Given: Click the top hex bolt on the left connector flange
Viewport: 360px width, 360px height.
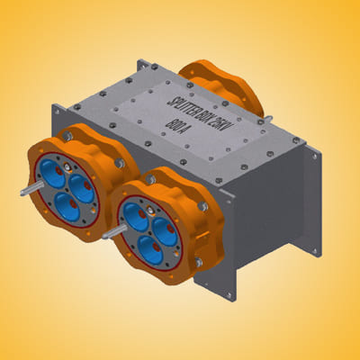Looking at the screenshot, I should tap(67, 137).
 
